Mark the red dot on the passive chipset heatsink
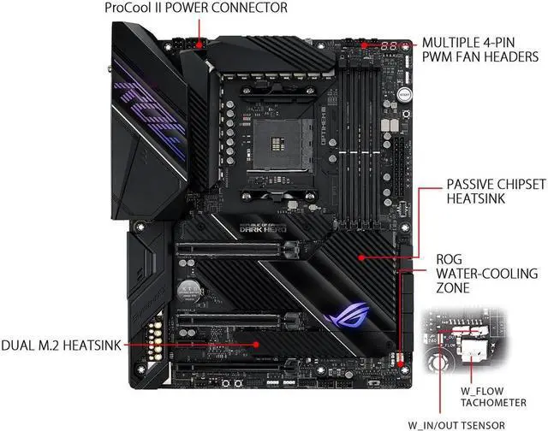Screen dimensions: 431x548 click(x=363, y=254)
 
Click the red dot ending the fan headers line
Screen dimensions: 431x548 click(x=364, y=42)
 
